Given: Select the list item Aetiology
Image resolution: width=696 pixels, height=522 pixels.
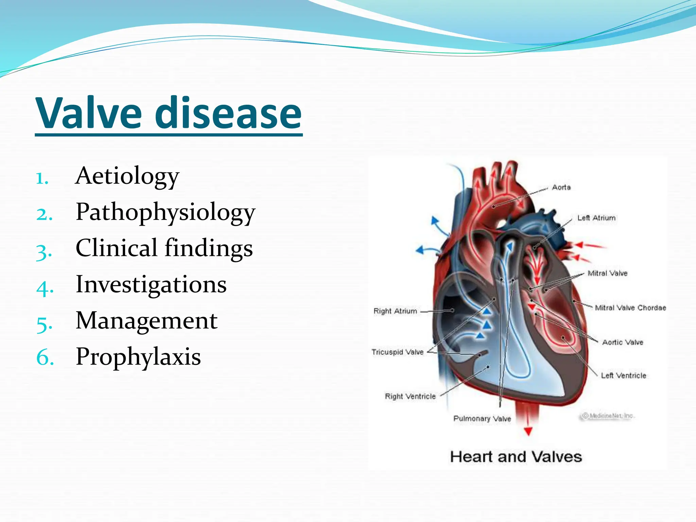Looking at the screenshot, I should [127, 176].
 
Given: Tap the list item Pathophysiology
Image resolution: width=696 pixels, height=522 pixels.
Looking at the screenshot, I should [165, 212].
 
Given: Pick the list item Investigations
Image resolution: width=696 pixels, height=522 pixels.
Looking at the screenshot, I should [151, 284].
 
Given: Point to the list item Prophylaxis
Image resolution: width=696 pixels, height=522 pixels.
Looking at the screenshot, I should [138, 357].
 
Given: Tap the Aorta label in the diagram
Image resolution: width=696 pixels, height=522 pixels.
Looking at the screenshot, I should [561, 187].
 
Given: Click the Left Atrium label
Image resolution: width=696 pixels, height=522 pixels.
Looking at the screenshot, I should [596, 218].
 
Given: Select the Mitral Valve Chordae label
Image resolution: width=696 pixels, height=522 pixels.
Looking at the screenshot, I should [630, 308].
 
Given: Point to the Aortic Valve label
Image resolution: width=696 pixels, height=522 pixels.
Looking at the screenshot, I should [623, 342].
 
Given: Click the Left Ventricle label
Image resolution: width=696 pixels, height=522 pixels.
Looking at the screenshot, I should [623, 376].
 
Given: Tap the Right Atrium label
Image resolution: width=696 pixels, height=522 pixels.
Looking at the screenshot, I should [395, 311].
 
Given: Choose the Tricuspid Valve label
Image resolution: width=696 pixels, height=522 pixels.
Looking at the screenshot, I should [397, 352].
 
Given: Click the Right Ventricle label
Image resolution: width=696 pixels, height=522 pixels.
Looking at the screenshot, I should [410, 396].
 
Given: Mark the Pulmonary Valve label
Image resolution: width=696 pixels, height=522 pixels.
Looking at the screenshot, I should [482, 419].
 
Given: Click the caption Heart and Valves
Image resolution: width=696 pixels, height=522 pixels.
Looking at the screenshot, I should [516, 457].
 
